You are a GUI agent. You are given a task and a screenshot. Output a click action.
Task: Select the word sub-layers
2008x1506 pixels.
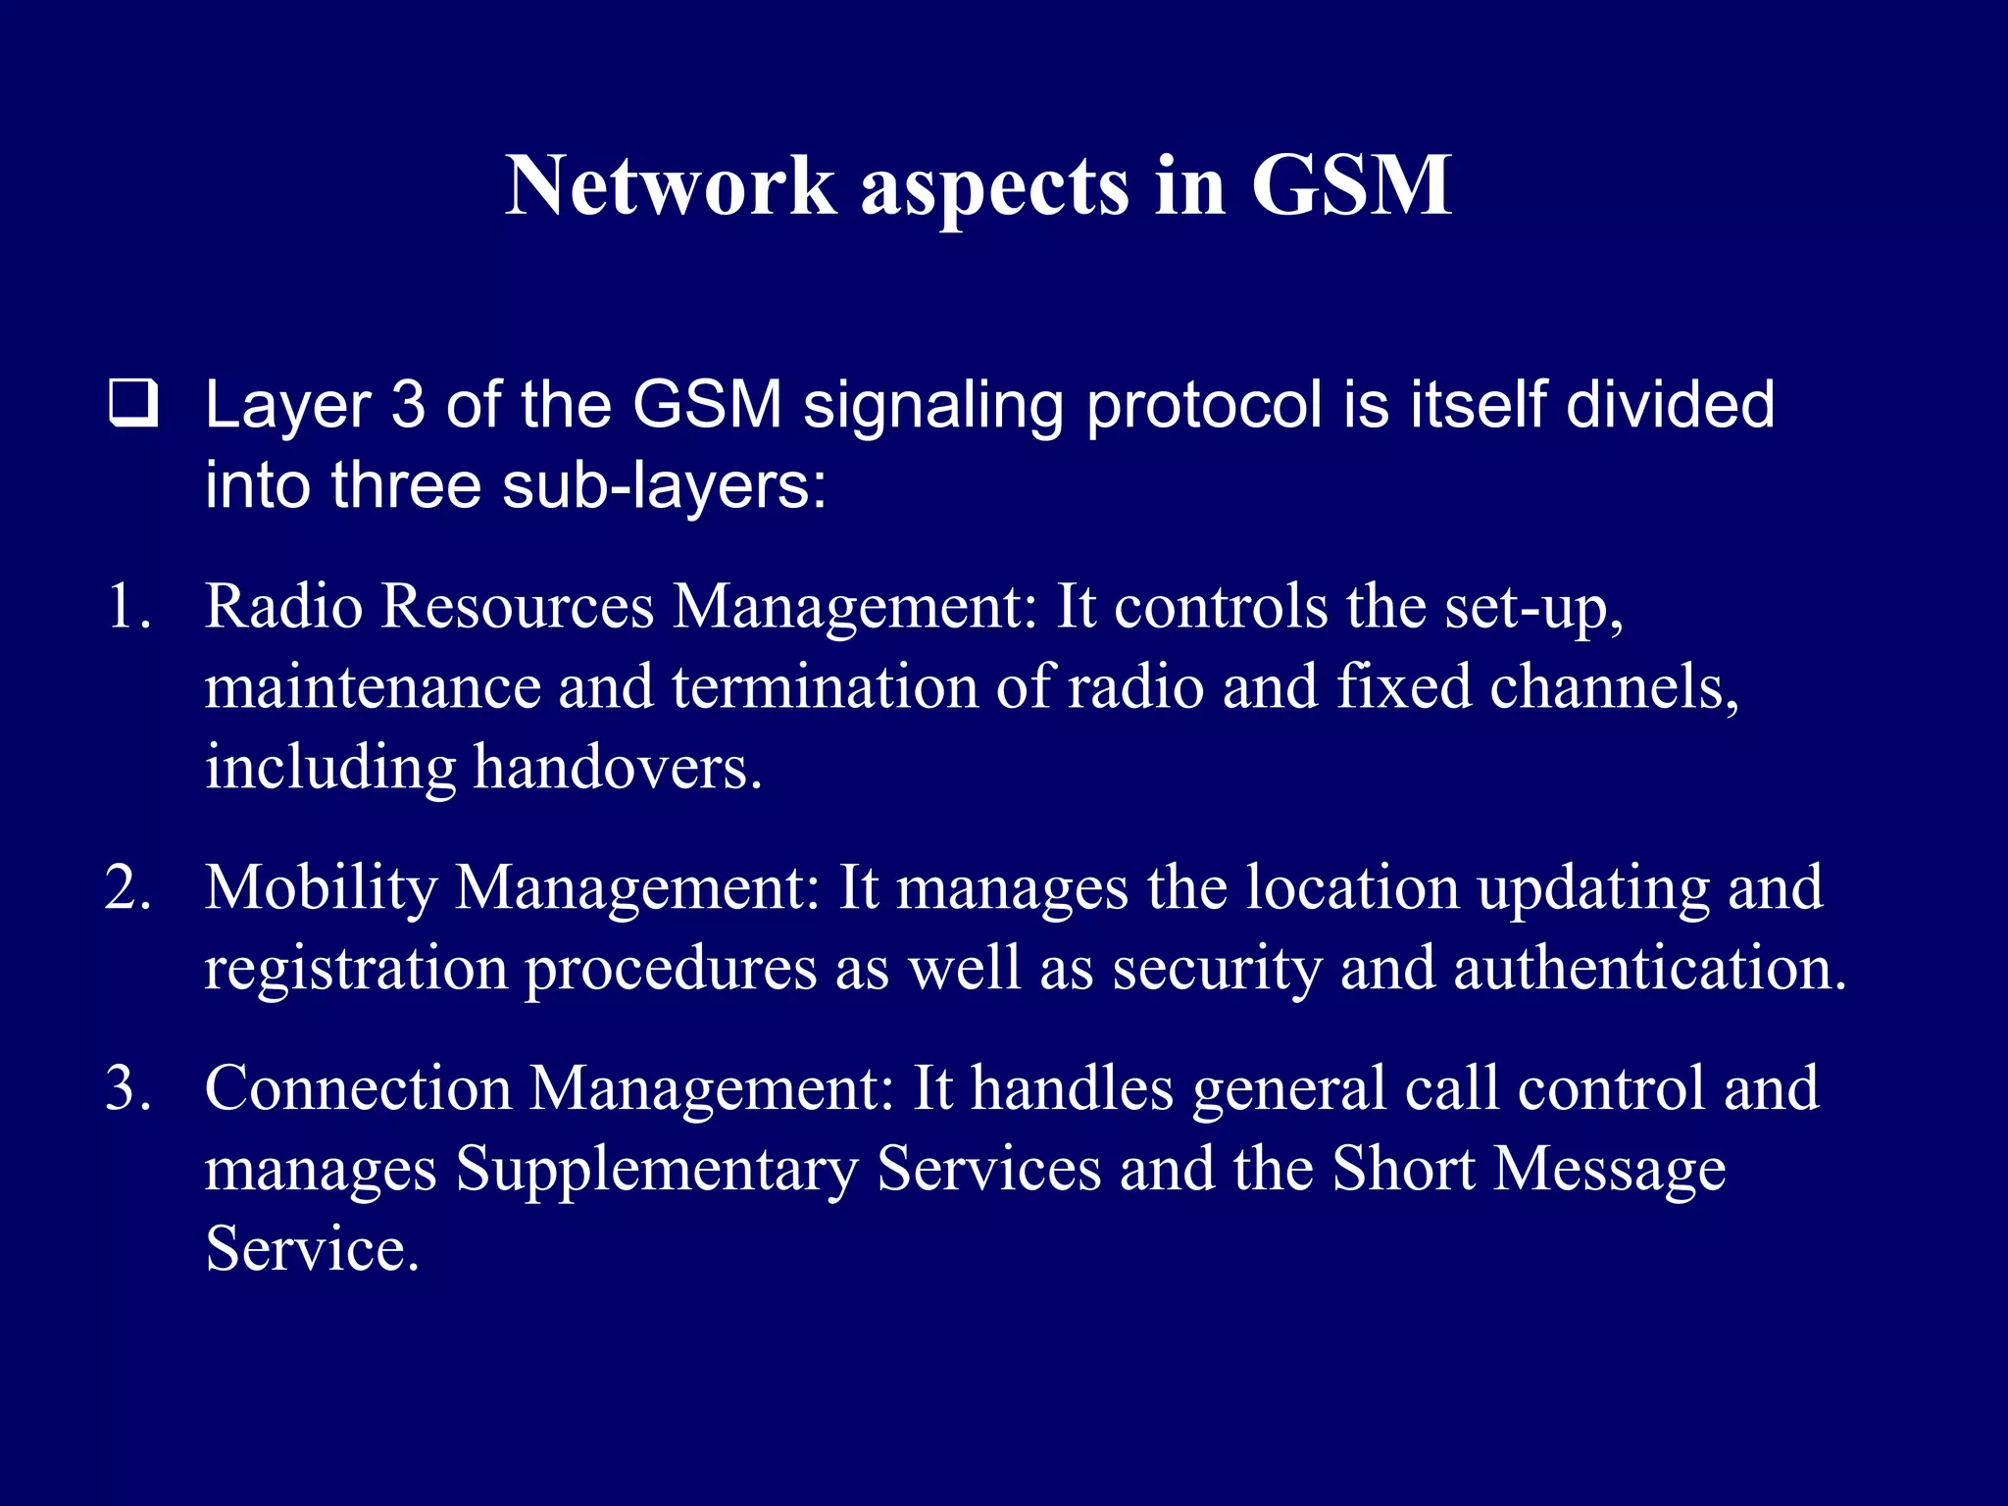click(x=664, y=485)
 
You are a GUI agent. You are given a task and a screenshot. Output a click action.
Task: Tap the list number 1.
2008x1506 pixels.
click(x=127, y=607)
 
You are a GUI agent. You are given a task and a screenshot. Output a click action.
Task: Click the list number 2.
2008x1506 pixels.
click(x=127, y=888)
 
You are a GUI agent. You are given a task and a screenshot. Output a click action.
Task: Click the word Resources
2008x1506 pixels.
click(x=517, y=607)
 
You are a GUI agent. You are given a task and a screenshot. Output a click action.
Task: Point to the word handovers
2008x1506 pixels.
click(x=617, y=768)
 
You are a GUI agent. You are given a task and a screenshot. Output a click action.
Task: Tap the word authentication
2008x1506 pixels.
click(x=1649, y=969)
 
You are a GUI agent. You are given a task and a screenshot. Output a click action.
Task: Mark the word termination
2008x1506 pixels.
click(x=825, y=687)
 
